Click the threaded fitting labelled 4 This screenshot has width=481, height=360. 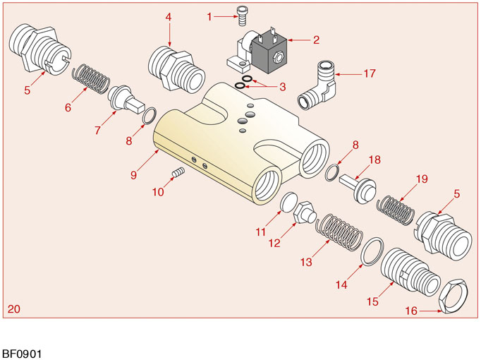click(176, 67)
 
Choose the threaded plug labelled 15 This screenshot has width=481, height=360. click(402, 271)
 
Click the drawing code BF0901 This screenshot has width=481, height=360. click(21, 352)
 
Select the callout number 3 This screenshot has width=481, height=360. click(282, 87)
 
